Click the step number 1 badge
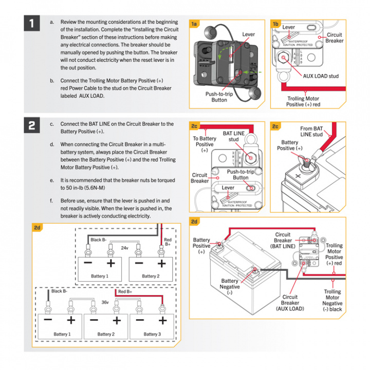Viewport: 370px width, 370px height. [x=32, y=25]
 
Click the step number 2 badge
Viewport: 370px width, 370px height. [x=32, y=126]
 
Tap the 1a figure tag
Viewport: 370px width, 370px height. [x=194, y=24]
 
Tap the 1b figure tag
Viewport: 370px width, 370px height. [x=275, y=24]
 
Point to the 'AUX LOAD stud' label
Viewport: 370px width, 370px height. [x=320, y=76]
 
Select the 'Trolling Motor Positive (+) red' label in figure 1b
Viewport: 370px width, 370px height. [x=303, y=102]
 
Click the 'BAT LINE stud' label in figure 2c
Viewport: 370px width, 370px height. [x=234, y=136]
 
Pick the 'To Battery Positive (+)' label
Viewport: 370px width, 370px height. [x=204, y=144]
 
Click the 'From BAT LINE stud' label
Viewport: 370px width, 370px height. [x=311, y=132]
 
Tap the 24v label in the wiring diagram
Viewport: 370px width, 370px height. [x=125, y=247]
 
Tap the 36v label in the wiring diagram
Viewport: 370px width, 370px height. [x=105, y=303]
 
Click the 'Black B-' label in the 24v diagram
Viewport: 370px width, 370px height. [x=99, y=240]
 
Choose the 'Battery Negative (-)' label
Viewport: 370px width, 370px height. [x=230, y=286]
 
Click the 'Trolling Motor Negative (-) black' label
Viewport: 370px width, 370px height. [x=332, y=300]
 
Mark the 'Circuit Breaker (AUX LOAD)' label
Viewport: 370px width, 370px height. [x=290, y=303]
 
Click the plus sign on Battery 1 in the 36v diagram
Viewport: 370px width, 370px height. [x=71, y=320]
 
